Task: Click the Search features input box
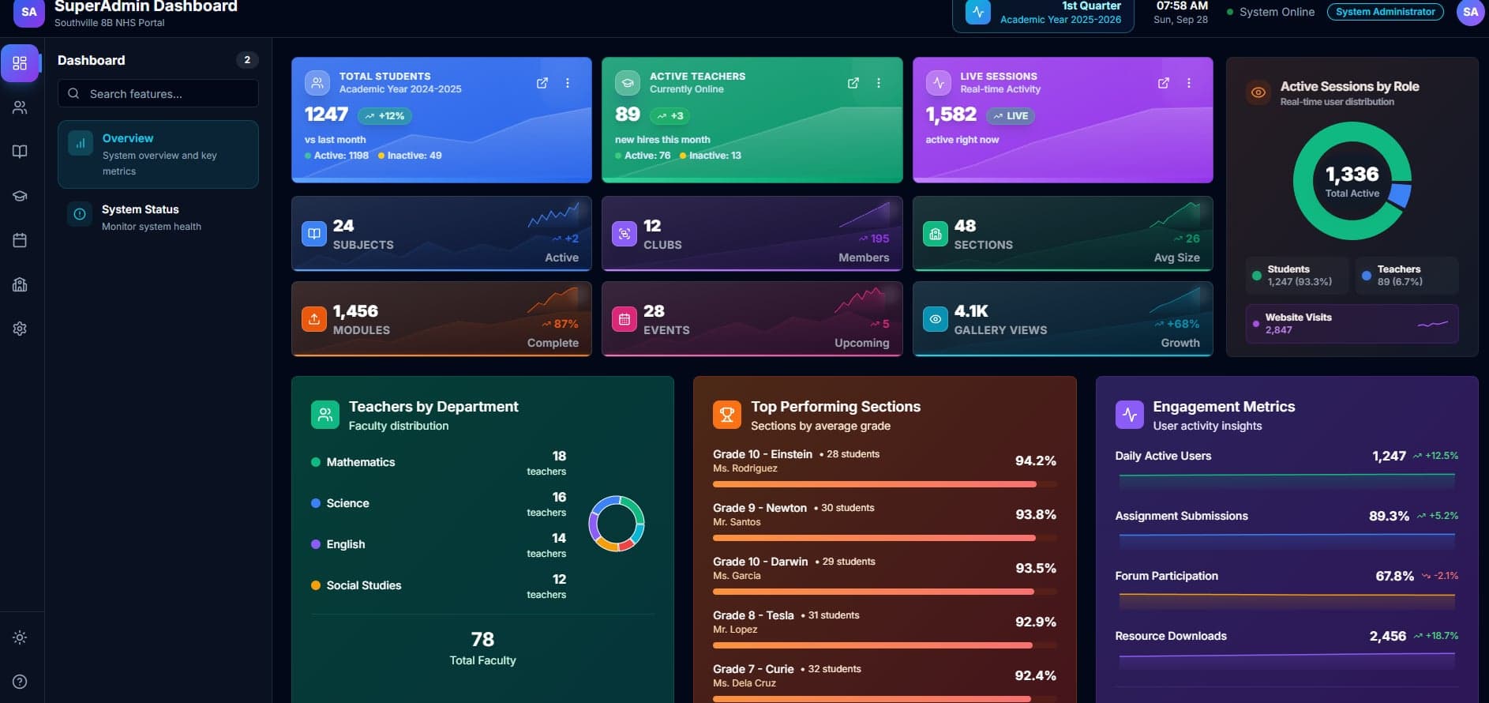(x=158, y=93)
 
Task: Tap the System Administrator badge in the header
(x=1385, y=12)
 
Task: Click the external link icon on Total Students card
(x=542, y=83)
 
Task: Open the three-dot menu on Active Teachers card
(x=879, y=83)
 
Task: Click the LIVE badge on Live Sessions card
(x=1011, y=115)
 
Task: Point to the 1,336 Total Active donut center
(x=1352, y=180)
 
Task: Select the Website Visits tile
(x=1351, y=323)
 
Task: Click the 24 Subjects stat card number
(x=343, y=226)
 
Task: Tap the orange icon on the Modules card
(x=314, y=318)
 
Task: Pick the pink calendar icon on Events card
(x=624, y=318)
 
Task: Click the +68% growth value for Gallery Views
(x=1182, y=324)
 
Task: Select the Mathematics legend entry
(x=360, y=462)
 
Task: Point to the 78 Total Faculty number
(x=482, y=639)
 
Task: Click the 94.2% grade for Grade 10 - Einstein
(x=1035, y=461)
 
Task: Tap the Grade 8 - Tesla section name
(x=753, y=615)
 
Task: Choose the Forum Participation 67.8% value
(x=1394, y=576)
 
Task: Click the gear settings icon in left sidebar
(x=20, y=329)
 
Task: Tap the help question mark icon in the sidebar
(x=20, y=682)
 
